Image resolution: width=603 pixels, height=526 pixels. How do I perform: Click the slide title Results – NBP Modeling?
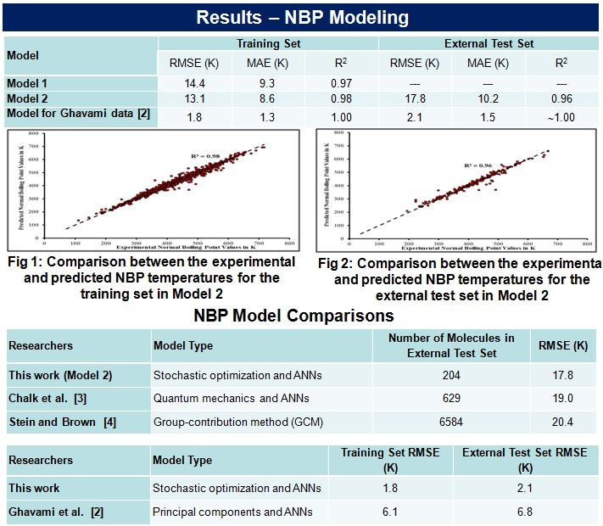(301, 17)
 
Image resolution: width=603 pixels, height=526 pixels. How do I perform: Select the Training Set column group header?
(267, 42)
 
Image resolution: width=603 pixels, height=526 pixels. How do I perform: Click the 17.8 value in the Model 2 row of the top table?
(415, 99)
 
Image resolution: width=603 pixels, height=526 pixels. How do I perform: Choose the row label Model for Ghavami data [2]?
(78, 114)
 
